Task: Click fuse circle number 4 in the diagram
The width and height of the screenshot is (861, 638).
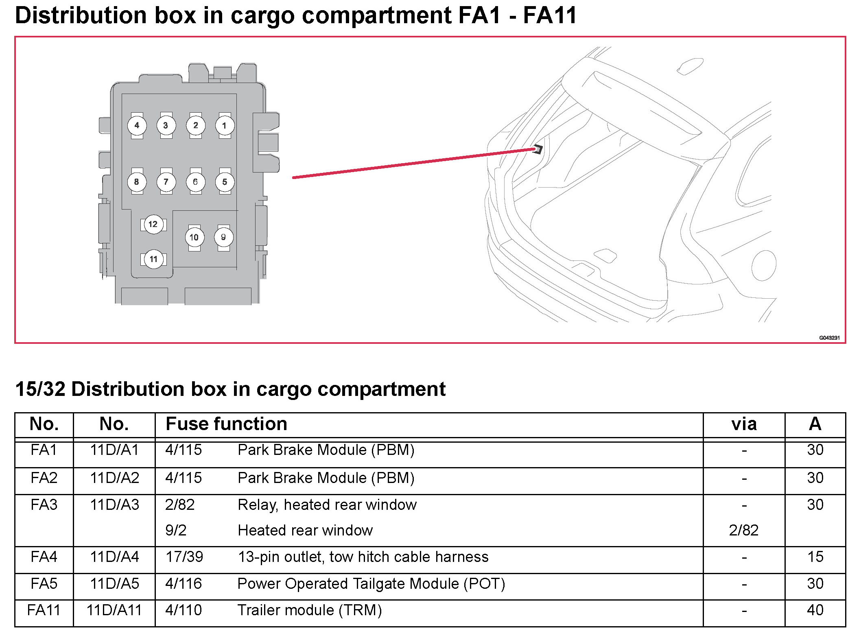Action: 137,125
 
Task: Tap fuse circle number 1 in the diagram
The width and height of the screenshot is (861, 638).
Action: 225,125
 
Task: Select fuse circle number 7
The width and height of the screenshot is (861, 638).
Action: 166,182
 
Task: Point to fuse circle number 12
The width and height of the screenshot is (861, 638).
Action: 153,224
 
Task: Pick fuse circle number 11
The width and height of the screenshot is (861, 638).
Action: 153,259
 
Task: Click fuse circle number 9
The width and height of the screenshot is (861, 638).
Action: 223,237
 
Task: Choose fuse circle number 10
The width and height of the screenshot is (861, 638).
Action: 194,237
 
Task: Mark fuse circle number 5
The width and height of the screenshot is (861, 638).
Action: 225,182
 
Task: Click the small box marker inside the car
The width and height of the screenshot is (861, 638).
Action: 538,149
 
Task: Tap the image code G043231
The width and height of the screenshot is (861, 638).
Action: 829,338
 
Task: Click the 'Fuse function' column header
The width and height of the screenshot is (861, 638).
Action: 226,424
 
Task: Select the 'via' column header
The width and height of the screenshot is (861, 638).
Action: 744,424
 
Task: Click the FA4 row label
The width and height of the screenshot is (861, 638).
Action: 44,557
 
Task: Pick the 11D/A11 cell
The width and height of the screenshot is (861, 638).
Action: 114,610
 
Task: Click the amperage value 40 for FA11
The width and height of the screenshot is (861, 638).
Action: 815,610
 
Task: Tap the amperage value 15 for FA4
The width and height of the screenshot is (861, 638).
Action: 815,557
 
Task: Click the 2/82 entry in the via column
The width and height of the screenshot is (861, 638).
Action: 744,530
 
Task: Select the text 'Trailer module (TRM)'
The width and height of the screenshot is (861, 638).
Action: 310,610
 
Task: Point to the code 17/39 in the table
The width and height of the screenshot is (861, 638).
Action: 184,557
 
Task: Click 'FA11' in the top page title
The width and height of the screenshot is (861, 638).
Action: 550,15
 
